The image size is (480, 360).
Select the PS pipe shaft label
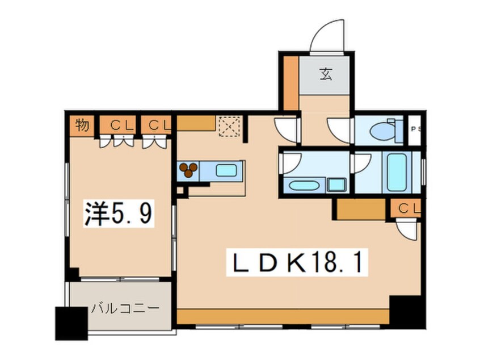415,130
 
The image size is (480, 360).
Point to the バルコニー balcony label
125,309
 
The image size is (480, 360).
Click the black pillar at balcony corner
71,323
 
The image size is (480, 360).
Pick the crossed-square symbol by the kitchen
230,127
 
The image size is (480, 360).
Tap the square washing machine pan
337,184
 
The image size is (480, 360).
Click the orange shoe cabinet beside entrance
290,82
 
